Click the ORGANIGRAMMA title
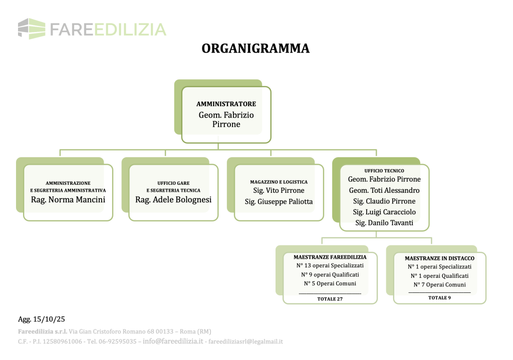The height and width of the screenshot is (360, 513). [x=255, y=49]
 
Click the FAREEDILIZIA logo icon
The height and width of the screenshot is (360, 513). [x=31, y=28]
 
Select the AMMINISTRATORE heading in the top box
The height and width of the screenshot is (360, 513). [x=226, y=104]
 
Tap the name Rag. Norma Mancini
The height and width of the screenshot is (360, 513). [x=68, y=200]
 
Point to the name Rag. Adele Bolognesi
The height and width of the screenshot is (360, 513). [x=173, y=200]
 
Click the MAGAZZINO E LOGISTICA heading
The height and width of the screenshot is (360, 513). [x=279, y=182]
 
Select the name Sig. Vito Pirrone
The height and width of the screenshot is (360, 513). [x=279, y=191]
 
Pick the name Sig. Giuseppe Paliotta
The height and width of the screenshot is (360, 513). [x=279, y=201]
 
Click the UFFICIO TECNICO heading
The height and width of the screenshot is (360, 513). [x=384, y=171]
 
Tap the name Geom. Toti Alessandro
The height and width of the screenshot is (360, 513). [x=384, y=190]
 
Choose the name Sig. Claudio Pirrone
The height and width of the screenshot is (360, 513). [x=384, y=201]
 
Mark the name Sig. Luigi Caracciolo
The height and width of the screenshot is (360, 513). [x=384, y=212]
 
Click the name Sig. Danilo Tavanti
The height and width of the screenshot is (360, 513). [x=384, y=223]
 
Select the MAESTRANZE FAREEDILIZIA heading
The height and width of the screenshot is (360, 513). [x=330, y=257]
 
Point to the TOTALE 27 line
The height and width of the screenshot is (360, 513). [x=330, y=299]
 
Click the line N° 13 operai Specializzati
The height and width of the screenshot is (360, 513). [x=330, y=266]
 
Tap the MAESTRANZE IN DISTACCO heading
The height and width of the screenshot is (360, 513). [x=440, y=258]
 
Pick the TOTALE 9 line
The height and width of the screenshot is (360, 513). [x=439, y=298]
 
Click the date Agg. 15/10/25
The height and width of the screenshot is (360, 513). [x=42, y=318]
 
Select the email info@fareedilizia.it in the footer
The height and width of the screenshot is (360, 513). [x=173, y=341]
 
